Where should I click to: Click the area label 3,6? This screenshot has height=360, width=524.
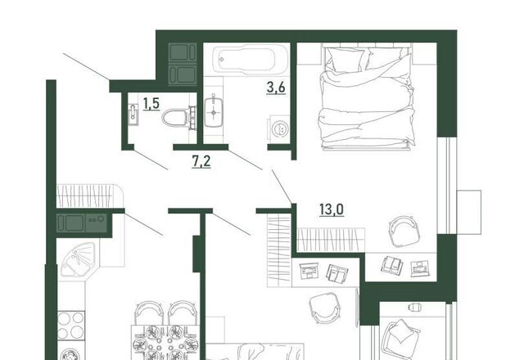pyautogui.click(x=276, y=88)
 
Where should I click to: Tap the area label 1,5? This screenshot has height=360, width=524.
pyautogui.click(x=151, y=104)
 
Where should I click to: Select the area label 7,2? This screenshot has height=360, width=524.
pyautogui.click(x=201, y=162)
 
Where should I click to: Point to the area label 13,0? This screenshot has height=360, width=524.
pyautogui.click(x=332, y=209)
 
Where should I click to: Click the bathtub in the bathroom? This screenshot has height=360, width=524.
pyautogui.click(x=251, y=58)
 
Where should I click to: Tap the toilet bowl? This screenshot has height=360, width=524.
pyautogui.click(x=178, y=117)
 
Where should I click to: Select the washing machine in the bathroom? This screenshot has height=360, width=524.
pyautogui.click(x=278, y=128)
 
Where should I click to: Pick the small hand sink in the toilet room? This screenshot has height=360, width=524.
pyautogui.click(x=133, y=114)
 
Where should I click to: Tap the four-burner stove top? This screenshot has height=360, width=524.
pyautogui.click(x=71, y=326)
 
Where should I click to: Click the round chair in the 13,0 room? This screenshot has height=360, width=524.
pyautogui.click(x=404, y=231)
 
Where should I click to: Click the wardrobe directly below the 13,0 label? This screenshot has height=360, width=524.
pyautogui.click(x=331, y=240)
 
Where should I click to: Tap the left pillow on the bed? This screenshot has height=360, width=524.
pyautogui.click(x=346, y=59)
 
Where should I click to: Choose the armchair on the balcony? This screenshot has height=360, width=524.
pyautogui.click(x=400, y=338)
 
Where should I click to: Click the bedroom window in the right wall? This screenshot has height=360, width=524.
pyautogui.click(x=448, y=186)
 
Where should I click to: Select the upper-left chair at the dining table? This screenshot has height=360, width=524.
pyautogui.click(x=149, y=313)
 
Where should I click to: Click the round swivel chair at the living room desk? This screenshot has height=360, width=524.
pyautogui.click(x=325, y=308)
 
